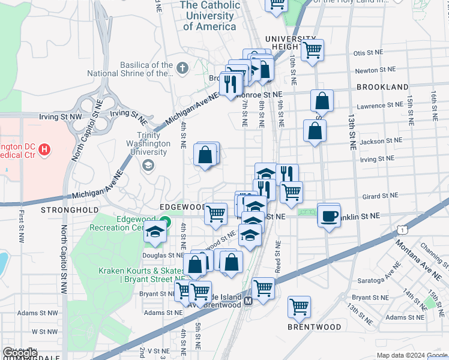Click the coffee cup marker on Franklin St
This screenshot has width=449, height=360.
click(328, 216)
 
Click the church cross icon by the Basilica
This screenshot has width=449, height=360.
click(183, 69)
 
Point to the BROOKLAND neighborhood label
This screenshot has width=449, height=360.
click(382, 87)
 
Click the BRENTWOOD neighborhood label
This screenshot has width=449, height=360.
click(314, 328)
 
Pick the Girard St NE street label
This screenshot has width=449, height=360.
click(381, 196)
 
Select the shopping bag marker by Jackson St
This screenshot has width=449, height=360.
click(315, 131)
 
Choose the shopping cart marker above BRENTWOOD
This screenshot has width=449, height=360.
click(299, 307)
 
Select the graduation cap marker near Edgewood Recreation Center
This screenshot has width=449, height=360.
click(155, 232)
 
